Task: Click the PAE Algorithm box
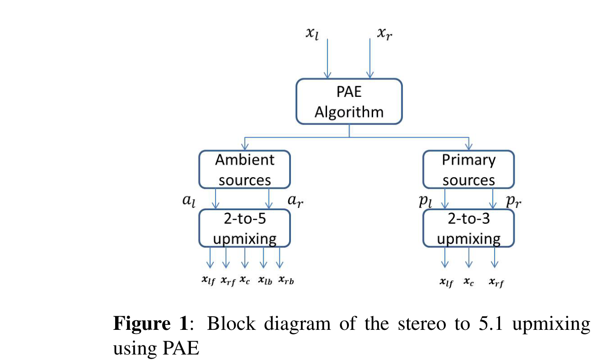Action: coord(349,101)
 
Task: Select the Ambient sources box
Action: coord(244,169)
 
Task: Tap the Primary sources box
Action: coord(468,169)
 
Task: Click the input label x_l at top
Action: coord(313,34)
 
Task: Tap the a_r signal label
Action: coord(295,201)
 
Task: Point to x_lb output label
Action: coord(265,281)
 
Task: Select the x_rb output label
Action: coord(286,281)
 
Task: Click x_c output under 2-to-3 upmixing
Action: coord(469,283)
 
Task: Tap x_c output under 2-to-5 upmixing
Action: coord(245,281)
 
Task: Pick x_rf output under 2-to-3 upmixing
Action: coord(496,283)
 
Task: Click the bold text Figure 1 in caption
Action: coord(150,324)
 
